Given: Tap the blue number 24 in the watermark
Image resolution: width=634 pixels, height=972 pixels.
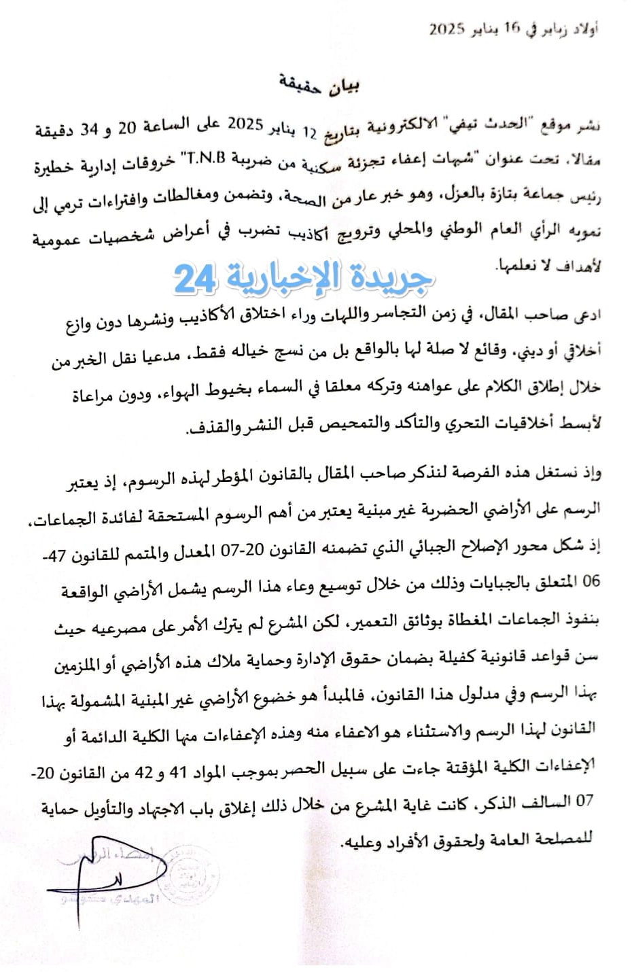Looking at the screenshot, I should tap(195, 278).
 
